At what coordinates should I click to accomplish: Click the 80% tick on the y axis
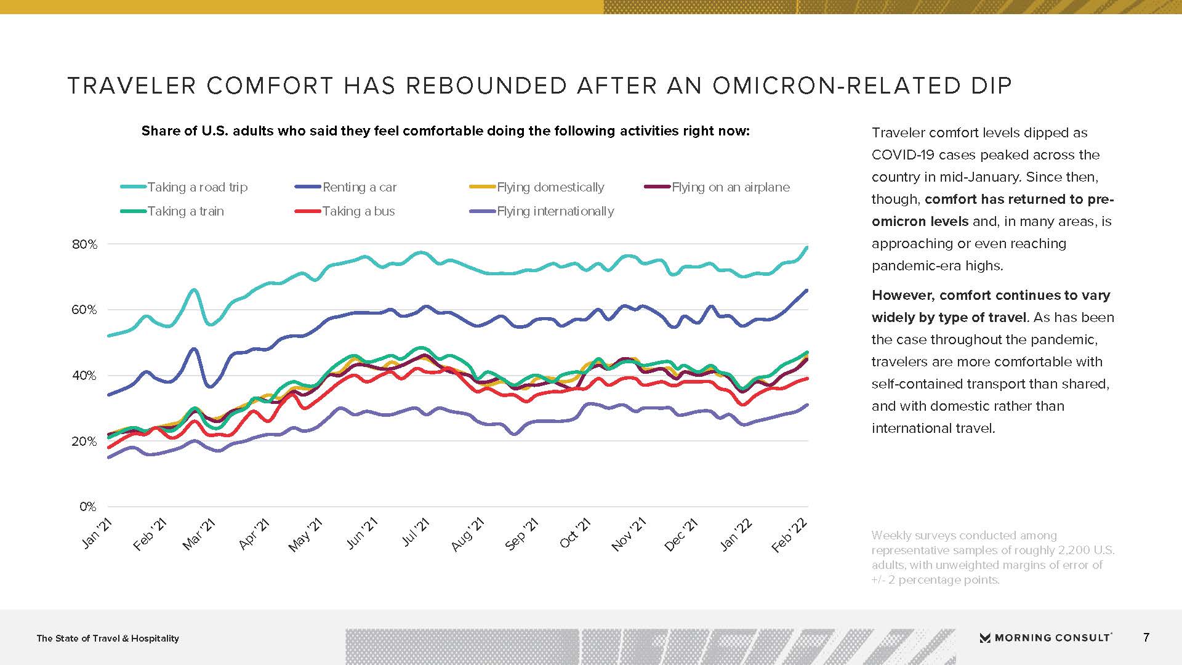tap(85, 244)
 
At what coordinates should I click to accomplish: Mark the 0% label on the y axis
tap(88, 507)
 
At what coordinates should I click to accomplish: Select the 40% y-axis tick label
tap(85, 376)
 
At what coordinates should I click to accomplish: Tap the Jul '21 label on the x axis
tap(416, 532)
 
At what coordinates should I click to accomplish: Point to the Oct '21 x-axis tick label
tap(576, 533)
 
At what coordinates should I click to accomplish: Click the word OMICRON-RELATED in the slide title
tap(862, 86)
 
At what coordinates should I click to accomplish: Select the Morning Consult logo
tap(1045, 638)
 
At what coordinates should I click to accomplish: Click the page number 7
tap(1146, 637)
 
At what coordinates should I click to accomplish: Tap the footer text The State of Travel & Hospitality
tap(108, 639)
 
